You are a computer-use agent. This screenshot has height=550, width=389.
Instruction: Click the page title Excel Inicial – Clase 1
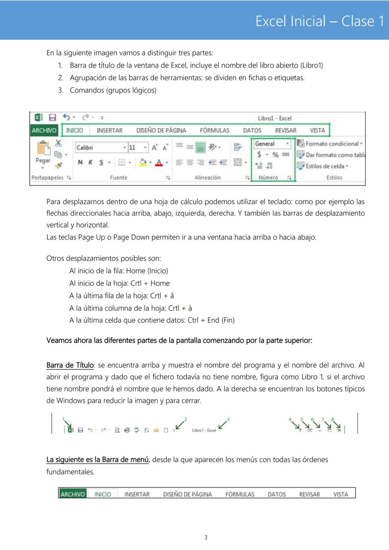[319, 21]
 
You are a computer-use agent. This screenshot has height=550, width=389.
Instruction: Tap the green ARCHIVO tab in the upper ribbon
[44, 130]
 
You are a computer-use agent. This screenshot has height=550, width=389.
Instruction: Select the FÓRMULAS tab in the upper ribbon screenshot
[214, 130]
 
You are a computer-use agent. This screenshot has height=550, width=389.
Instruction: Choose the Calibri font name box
[99, 148]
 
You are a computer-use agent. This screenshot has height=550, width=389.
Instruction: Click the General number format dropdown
[272, 144]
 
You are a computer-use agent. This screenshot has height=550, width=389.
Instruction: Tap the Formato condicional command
[331, 144]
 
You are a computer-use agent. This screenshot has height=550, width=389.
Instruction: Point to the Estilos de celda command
[324, 166]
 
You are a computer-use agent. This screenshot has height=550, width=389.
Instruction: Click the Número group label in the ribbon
[268, 177]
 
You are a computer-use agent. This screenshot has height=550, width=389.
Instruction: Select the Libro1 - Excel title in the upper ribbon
[274, 118]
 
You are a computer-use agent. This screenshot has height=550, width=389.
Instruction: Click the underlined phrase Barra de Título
[70, 365]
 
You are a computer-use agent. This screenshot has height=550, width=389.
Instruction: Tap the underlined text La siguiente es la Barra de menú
[97, 460]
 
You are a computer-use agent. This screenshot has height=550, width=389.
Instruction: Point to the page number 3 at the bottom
[206, 537]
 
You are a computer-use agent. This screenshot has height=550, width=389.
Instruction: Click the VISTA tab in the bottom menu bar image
[340, 494]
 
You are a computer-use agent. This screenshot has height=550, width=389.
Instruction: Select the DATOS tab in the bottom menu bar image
[277, 494]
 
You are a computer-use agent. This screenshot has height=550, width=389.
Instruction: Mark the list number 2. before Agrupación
[61, 78]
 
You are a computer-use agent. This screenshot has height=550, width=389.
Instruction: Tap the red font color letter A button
[159, 163]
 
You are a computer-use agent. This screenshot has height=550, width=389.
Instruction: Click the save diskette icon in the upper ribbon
[53, 117]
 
